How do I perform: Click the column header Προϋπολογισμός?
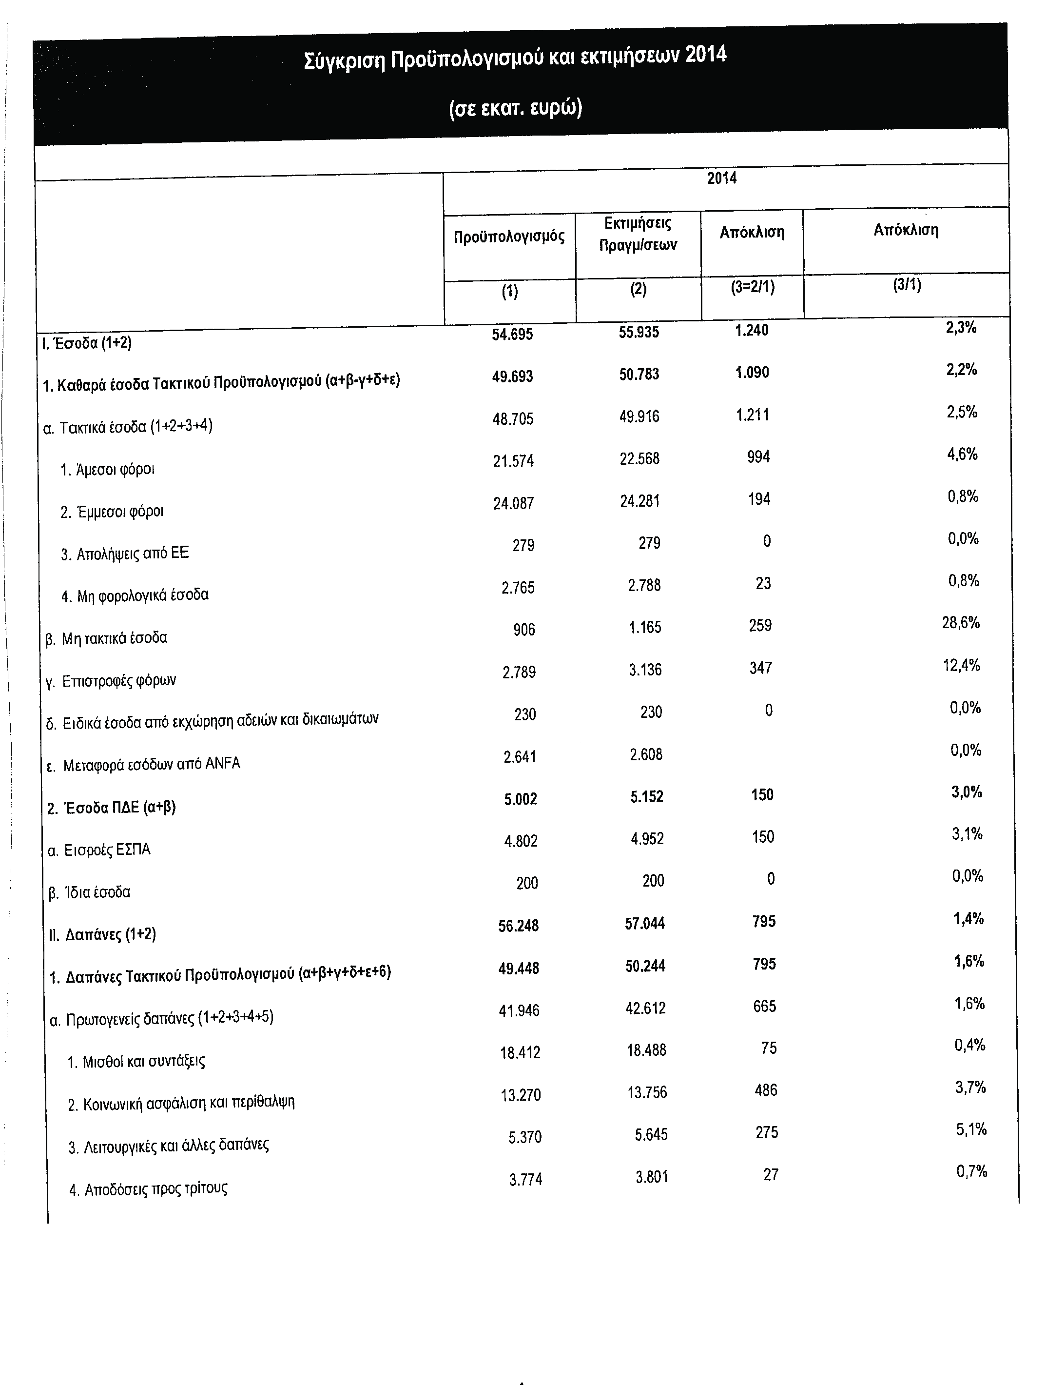[x=509, y=237]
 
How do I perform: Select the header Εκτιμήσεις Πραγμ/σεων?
[x=637, y=234]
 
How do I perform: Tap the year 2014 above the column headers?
[x=722, y=178]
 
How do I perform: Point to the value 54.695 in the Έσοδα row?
[x=512, y=335]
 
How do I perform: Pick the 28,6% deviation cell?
[x=960, y=623]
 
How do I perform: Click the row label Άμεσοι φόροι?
[x=108, y=470]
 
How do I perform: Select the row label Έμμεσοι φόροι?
[x=112, y=512]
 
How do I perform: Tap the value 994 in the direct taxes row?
[x=758, y=457]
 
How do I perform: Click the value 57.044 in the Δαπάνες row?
[x=645, y=924]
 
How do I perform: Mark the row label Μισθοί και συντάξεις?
[x=136, y=1061]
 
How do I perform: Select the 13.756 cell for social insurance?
[x=647, y=1092]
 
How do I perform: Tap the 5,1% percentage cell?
[x=970, y=1129]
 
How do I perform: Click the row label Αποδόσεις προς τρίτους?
[x=148, y=1189]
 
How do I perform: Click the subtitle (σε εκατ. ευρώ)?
[x=515, y=108]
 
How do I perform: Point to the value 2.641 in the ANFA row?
[x=520, y=757]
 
